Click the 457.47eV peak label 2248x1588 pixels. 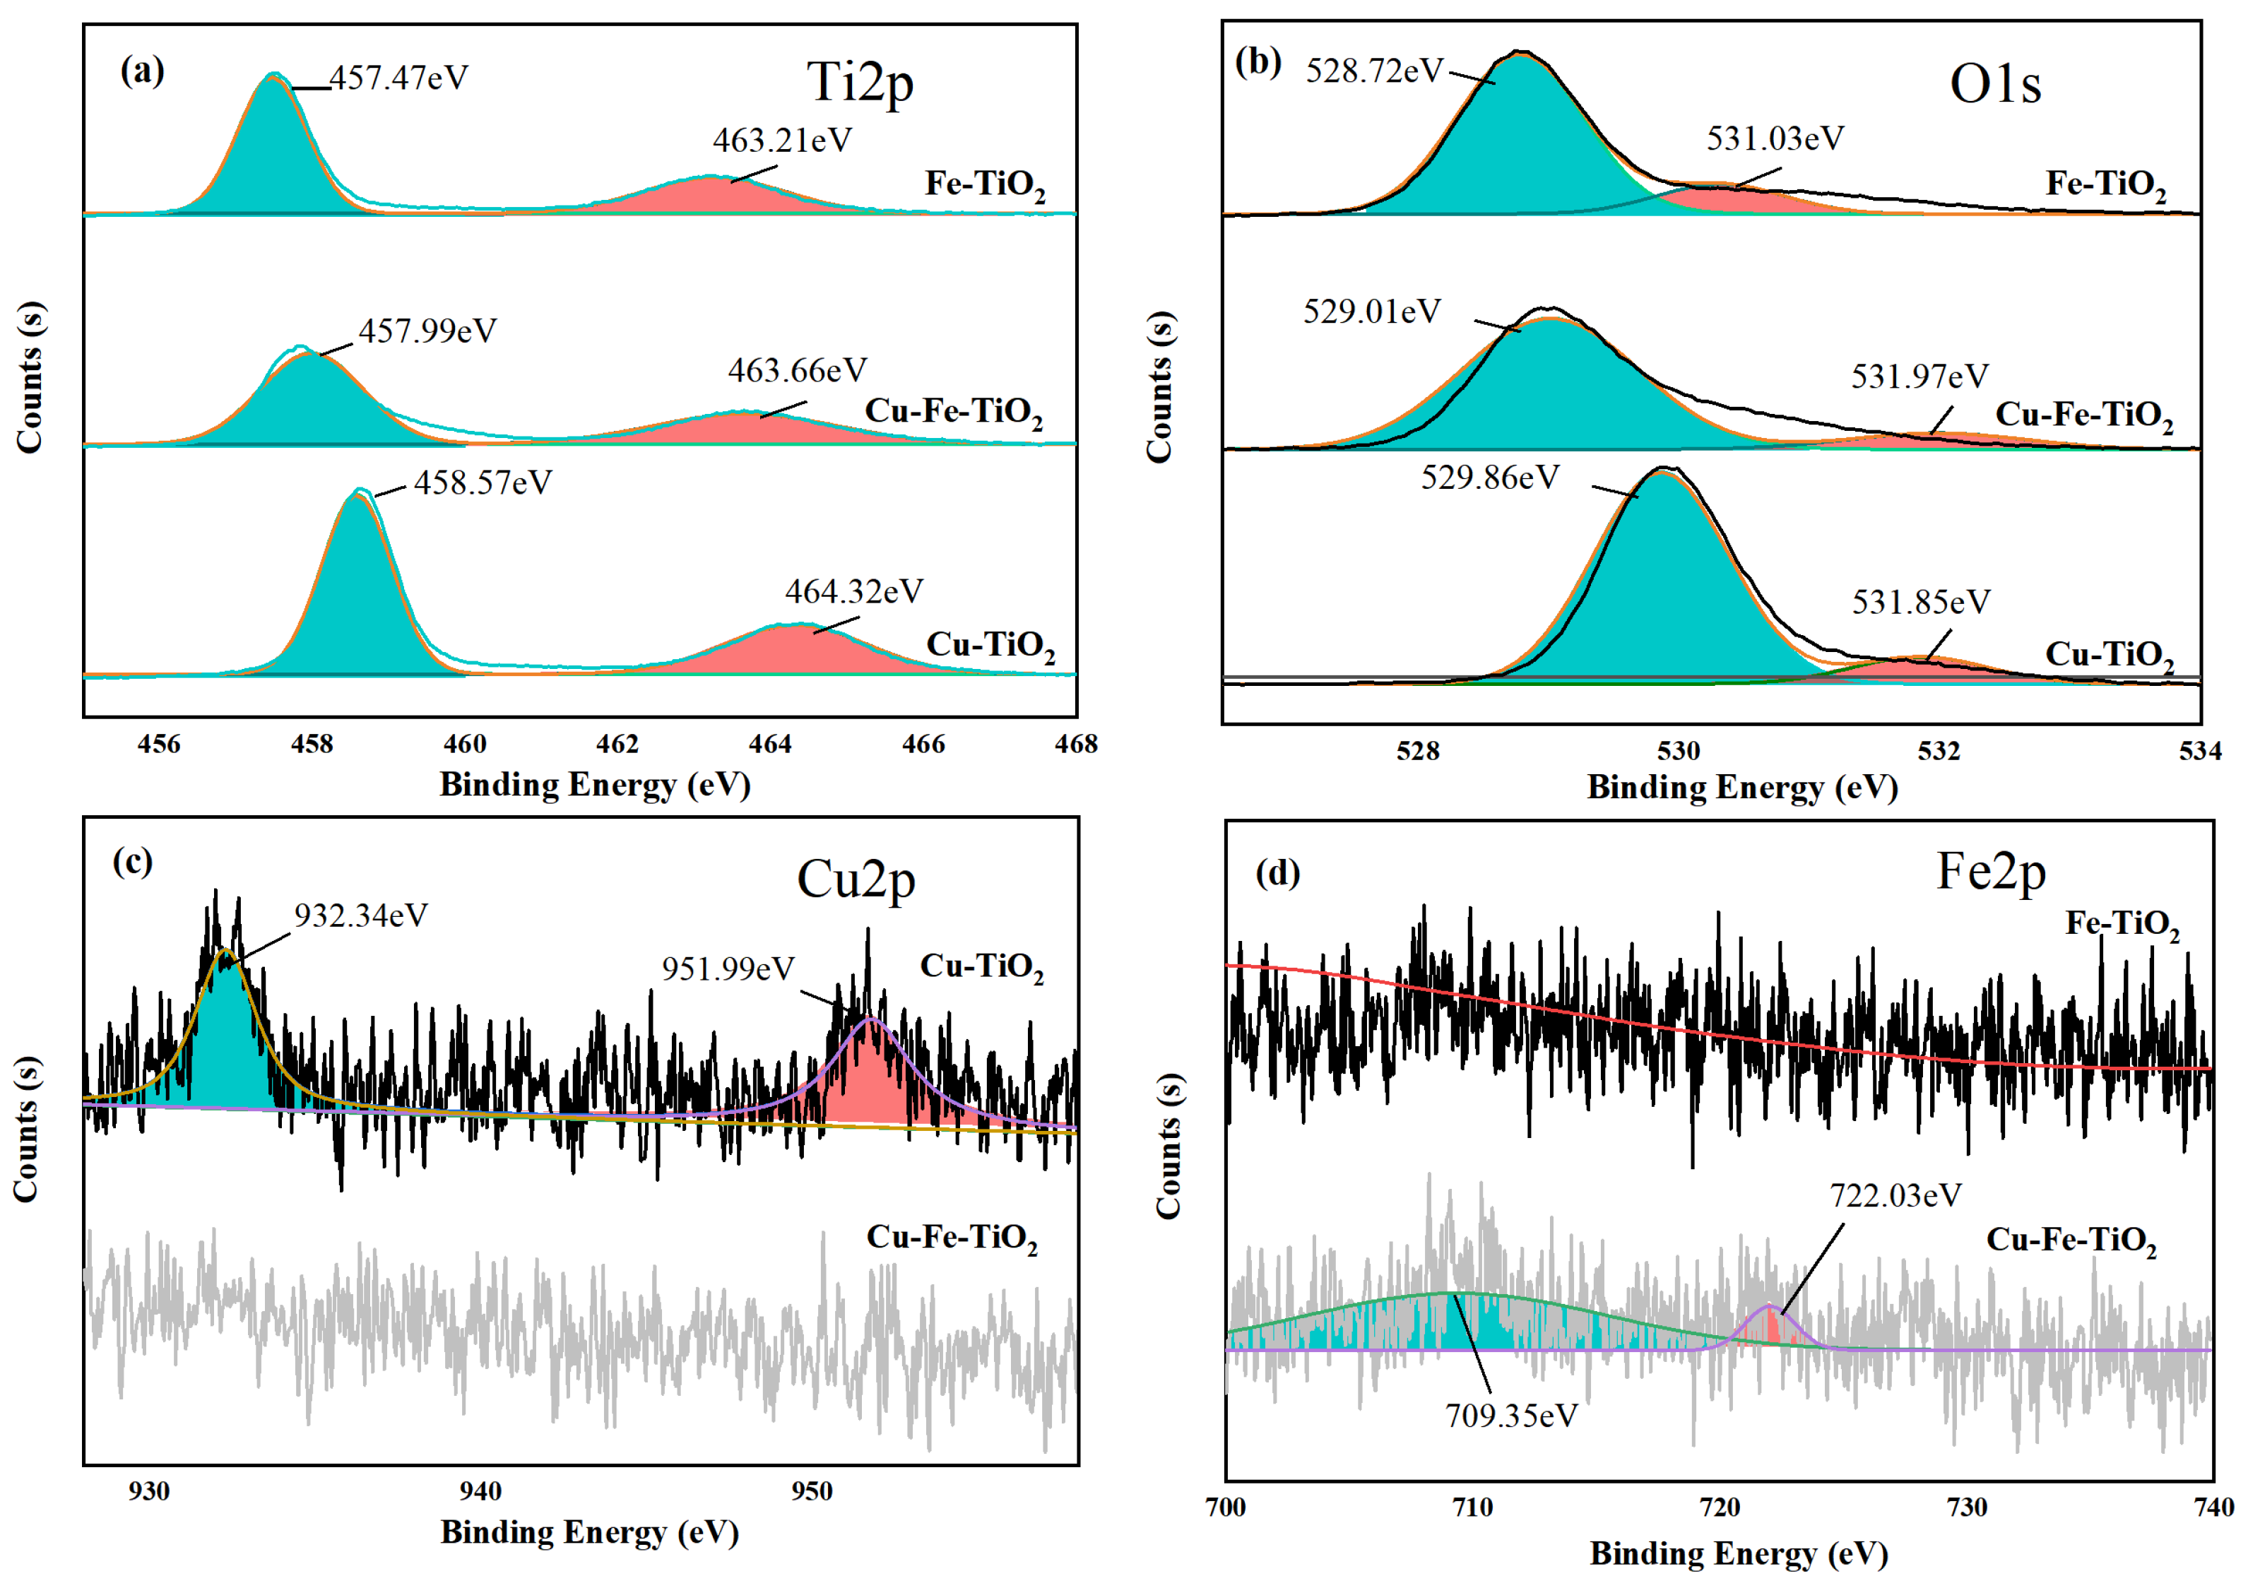(x=398, y=77)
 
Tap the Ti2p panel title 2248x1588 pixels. (x=860, y=82)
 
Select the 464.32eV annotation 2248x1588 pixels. (x=853, y=591)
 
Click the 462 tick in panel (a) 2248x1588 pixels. (x=617, y=744)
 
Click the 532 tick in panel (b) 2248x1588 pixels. (x=1939, y=751)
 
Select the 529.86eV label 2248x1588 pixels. (x=1489, y=478)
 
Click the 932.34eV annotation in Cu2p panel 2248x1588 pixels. (x=360, y=916)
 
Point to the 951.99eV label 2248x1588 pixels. (x=728, y=968)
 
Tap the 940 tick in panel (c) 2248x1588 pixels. (x=480, y=1491)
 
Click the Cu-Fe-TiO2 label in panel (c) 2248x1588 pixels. (x=952, y=1238)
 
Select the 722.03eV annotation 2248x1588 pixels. (x=1895, y=1195)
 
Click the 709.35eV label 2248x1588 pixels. (x=1510, y=1416)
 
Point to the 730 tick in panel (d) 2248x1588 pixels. (x=1966, y=1507)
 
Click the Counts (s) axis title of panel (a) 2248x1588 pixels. (x=30, y=377)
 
